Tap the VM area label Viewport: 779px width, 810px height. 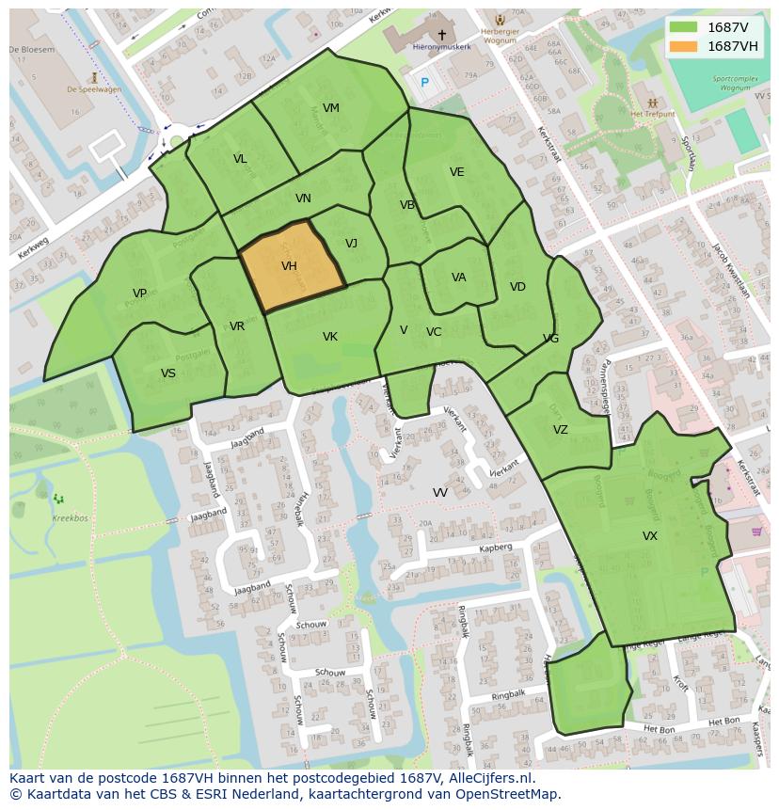point(331,108)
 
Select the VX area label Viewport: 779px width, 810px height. point(650,536)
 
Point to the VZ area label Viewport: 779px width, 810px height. point(561,430)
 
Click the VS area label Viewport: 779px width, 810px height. point(168,373)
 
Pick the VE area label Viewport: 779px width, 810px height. point(457,172)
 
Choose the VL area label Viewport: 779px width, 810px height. point(240,159)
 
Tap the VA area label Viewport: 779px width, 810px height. point(459,278)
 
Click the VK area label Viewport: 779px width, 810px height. point(330,337)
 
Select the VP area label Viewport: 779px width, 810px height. point(140,294)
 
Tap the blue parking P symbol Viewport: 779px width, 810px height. point(424,83)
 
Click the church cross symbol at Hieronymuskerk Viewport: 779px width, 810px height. point(441,35)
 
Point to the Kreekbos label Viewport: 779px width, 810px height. point(70,518)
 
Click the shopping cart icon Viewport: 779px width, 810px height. point(757,532)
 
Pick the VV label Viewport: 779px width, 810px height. point(440,493)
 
